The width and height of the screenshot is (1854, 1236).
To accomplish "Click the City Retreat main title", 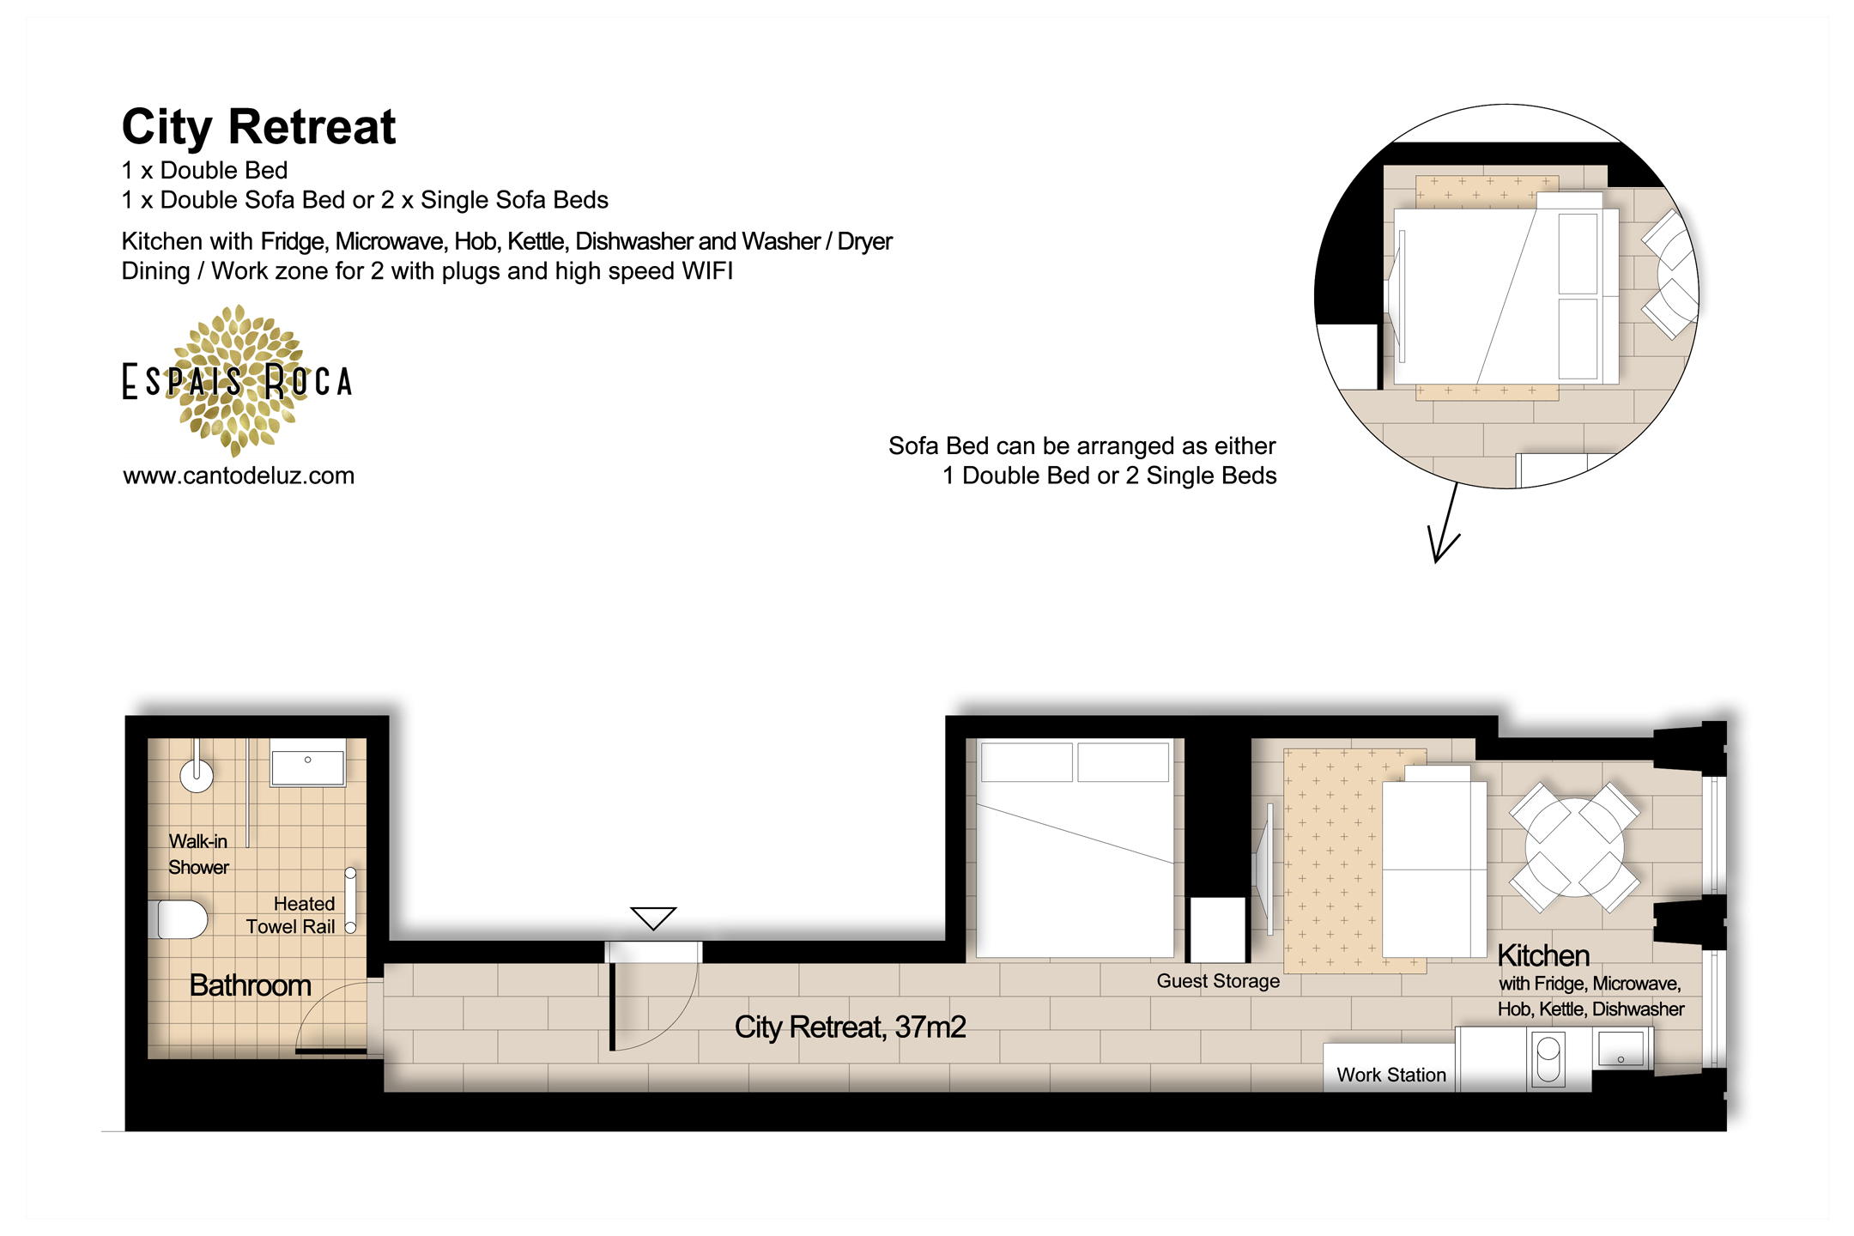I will tap(258, 127).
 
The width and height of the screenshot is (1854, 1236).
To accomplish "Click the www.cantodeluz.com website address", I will tap(239, 476).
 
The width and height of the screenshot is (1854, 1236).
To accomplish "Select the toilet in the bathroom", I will tap(181, 919).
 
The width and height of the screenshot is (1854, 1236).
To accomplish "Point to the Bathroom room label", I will tap(250, 985).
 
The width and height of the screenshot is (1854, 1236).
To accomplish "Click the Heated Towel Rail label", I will tap(291, 915).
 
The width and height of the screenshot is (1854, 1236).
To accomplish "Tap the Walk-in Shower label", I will tap(198, 854).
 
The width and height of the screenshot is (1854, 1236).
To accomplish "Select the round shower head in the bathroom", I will tap(197, 776).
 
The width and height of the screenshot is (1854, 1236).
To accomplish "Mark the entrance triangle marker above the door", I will tap(653, 918).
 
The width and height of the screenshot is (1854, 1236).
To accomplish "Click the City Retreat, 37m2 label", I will tap(850, 1027).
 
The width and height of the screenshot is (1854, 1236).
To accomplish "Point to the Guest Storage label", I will tap(1218, 981).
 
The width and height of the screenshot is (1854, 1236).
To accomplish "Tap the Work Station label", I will tap(1390, 1075).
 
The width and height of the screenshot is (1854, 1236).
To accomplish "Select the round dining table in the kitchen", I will tap(1574, 847).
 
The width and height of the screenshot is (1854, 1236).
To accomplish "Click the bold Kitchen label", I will tap(1543, 955).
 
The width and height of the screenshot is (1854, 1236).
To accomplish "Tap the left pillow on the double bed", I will tap(1027, 762).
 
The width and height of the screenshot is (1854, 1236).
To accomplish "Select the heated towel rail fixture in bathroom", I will tap(350, 900).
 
